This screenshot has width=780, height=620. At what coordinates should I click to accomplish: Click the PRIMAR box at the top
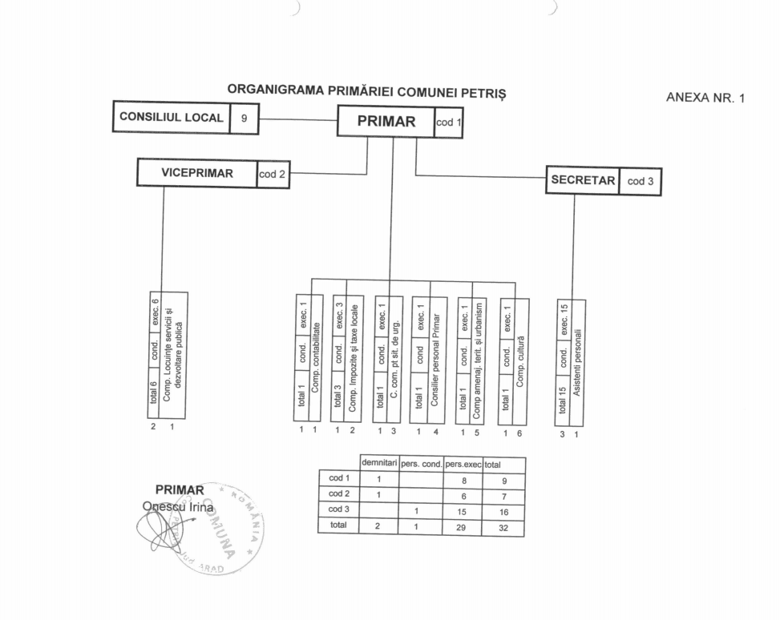386,122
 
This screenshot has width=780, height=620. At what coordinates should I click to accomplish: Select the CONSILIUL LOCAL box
171,118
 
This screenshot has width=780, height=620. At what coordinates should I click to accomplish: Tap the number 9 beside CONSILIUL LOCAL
244,118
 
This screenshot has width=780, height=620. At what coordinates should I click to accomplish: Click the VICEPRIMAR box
197,172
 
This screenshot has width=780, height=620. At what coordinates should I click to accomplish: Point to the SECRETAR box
583,181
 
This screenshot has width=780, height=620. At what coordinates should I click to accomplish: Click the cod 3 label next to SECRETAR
641,181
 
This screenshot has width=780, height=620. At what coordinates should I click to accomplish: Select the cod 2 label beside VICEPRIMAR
273,173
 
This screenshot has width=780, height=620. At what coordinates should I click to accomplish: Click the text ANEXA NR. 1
705,99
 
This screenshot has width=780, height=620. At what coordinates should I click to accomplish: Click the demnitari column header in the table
380,464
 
